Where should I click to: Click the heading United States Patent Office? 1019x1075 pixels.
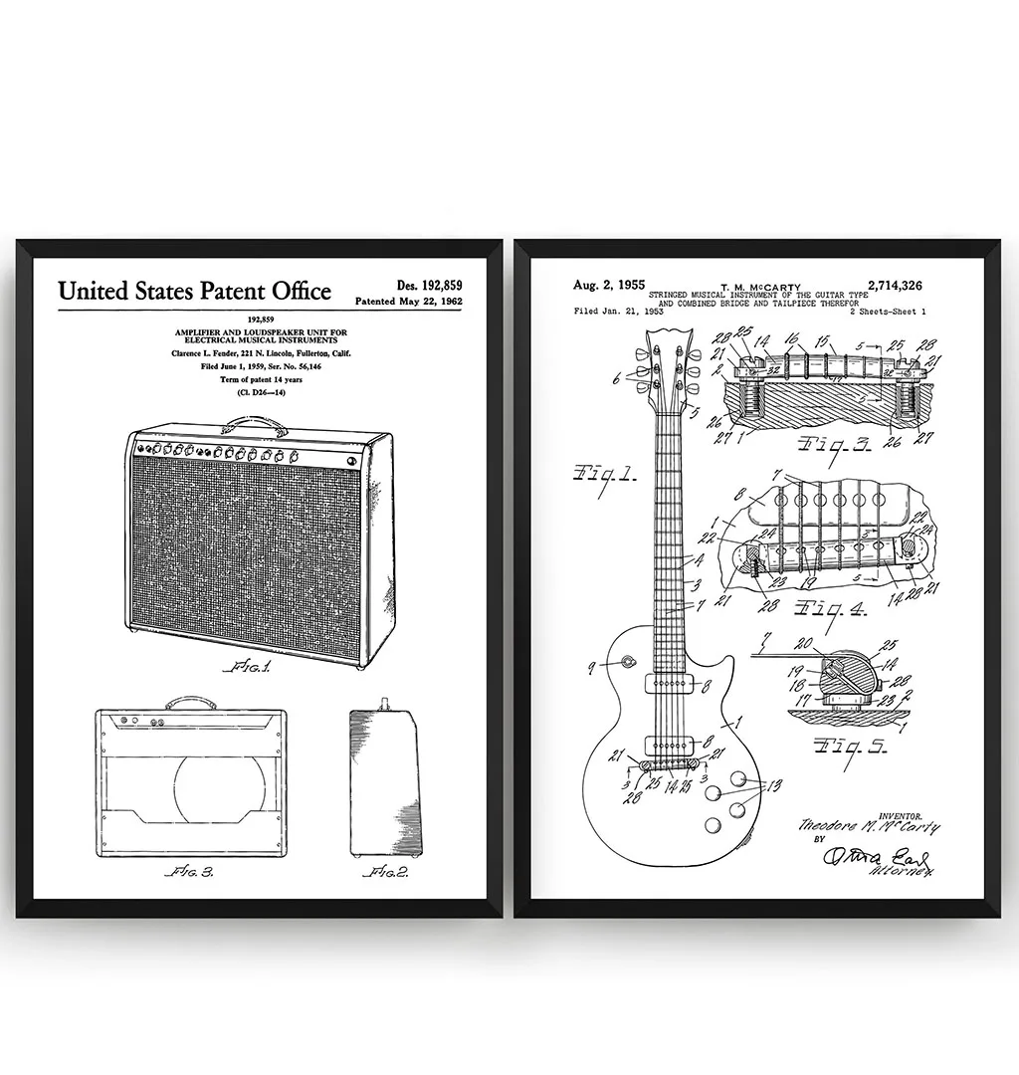pos(194,291)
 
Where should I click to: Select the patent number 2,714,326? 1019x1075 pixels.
pos(895,286)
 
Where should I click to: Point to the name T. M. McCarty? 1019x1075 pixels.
pos(759,287)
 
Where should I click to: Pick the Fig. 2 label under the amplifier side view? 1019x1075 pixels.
pos(385,872)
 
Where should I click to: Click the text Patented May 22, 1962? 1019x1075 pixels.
pos(409,301)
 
